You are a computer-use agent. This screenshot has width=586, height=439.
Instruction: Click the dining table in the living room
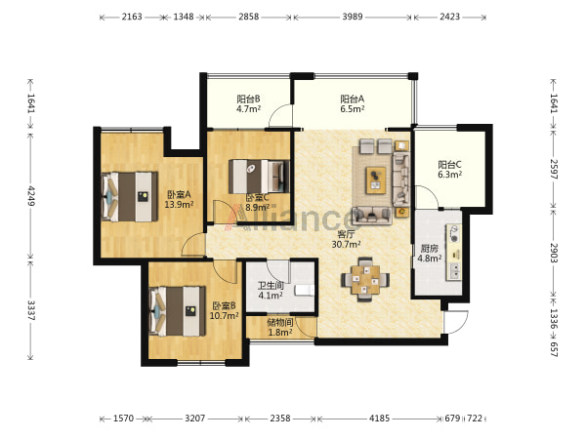click(x=365, y=280)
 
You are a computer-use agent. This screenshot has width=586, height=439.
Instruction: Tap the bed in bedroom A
click(x=130, y=197)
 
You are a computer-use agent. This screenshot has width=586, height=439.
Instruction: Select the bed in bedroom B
click(x=178, y=311)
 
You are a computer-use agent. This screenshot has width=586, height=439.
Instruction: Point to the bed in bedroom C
click(x=259, y=177)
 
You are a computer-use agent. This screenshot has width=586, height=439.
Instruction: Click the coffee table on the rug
click(x=376, y=180)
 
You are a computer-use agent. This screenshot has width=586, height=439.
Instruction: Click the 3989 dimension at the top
click(x=353, y=17)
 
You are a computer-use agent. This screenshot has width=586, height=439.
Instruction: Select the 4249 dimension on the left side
click(x=30, y=196)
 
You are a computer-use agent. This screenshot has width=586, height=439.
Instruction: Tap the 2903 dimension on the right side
click(x=554, y=253)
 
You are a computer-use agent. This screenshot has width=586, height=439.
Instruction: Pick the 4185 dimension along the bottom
click(x=379, y=419)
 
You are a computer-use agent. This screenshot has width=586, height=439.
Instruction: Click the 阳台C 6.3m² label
click(x=449, y=170)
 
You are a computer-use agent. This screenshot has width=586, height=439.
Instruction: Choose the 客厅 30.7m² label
click(x=346, y=239)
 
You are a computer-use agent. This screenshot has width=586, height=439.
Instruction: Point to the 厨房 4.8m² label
click(x=430, y=253)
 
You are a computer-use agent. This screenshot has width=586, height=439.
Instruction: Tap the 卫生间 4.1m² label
click(x=271, y=291)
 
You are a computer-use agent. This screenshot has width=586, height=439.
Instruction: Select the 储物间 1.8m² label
click(x=280, y=327)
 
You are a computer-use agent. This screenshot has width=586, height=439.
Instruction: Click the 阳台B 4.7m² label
click(x=248, y=103)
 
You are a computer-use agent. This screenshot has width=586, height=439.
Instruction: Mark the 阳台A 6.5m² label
click(x=352, y=103)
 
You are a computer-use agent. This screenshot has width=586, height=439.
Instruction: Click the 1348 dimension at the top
click(x=184, y=17)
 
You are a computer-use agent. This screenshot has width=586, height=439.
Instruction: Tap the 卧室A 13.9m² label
click(x=179, y=199)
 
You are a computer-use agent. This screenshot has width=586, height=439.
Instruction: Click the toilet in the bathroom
click(x=304, y=291)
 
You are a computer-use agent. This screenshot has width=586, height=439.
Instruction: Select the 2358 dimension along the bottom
click(x=280, y=419)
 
